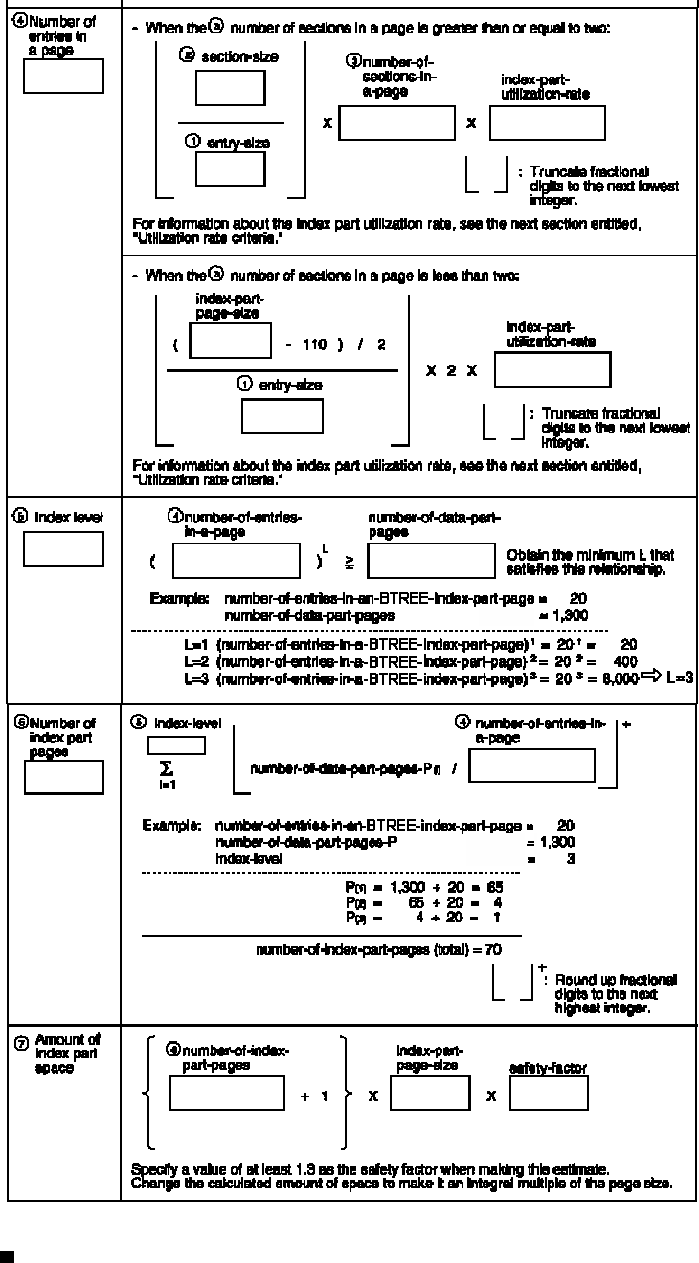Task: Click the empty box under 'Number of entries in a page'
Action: coord(63,76)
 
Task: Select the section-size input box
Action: coord(231,88)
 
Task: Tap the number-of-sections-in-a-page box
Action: coord(396,124)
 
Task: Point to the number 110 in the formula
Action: coord(314,343)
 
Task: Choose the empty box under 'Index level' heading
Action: coord(63,549)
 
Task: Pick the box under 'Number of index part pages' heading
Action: coord(63,776)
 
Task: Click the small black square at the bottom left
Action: coord(7,1255)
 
